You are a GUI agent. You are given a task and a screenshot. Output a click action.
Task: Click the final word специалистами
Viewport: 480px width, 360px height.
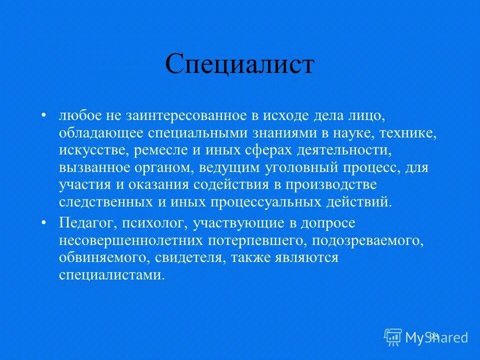click(x=110, y=274)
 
